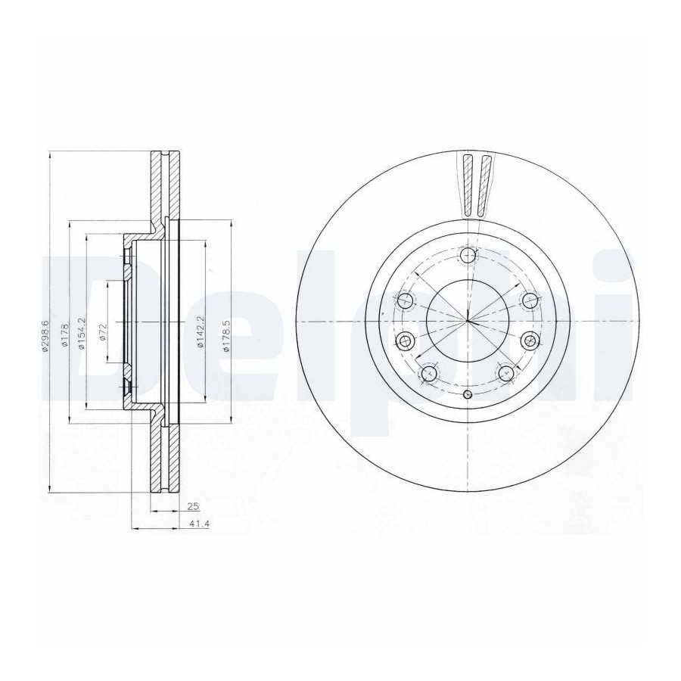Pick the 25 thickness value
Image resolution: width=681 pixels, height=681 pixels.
[193, 506]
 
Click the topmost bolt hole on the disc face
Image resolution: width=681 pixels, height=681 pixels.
[468, 255]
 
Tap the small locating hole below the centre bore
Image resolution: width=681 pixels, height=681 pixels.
[468, 394]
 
